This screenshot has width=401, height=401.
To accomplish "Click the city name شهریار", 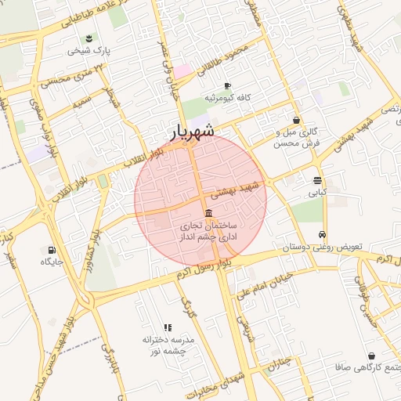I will click(193, 132).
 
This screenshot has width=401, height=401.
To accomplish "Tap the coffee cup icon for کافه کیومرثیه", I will click(227, 85).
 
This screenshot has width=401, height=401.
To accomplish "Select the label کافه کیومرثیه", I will click(227, 98).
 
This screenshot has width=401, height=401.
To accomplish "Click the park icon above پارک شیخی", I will click(89, 38).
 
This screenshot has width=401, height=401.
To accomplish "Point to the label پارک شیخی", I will click(89, 50).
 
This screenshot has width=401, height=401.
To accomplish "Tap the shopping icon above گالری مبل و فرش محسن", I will click(296, 120).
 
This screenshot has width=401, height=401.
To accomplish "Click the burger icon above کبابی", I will click(316, 179).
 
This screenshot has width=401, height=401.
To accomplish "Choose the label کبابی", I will click(316, 191).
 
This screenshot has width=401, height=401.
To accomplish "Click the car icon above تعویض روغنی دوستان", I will click(322, 234).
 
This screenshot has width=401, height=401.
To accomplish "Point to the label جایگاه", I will click(52, 262).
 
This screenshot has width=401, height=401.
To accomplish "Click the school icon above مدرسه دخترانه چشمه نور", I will click(168, 327).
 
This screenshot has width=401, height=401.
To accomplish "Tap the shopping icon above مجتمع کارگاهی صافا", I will click(370, 356).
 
